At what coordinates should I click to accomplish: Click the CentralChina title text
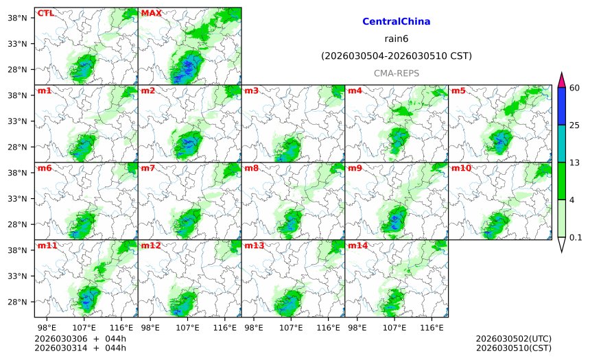[x=396, y=22]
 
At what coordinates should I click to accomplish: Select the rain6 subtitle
[x=396, y=39]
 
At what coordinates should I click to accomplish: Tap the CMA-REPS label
[x=396, y=73]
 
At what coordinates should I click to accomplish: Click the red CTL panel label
[x=45, y=13]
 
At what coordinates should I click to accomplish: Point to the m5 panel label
[x=458, y=91]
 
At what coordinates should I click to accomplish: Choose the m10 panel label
[x=461, y=168]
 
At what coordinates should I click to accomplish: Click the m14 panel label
[x=357, y=245]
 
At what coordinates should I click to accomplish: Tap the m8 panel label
[x=252, y=168]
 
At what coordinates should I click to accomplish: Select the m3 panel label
[x=252, y=91]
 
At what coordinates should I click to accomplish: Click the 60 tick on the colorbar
[x=575, y=88]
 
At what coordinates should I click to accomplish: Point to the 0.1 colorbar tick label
[x=576, y=238]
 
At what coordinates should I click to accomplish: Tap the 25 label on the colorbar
[x=575, y=125]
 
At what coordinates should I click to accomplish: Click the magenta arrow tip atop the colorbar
[x=561, y=77]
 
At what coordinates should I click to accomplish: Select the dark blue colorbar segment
[x=561, y=106]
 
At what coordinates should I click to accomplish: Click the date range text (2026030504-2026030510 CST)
[x=396, y=56]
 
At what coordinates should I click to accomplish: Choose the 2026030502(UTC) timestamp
[x=513, y=339]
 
